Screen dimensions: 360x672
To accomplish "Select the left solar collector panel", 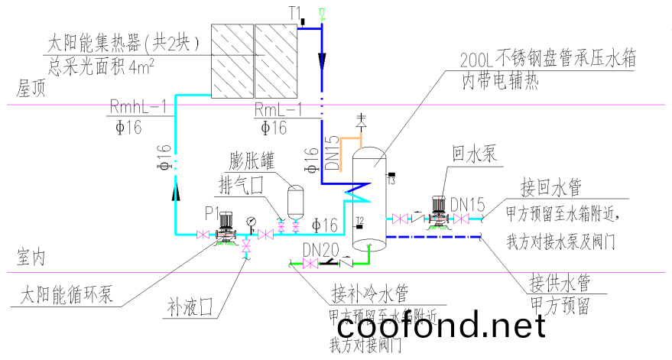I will (231, 60).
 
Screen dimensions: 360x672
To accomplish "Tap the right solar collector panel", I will (274, 60).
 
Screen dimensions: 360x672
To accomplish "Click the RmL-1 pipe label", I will (278, 108).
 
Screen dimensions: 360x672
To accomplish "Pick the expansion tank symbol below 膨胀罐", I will (294, 201).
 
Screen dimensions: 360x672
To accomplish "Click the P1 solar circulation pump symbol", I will (224, 226).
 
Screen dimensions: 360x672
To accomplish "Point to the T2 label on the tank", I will (359, 222).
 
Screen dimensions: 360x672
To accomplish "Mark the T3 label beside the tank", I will (390, 180).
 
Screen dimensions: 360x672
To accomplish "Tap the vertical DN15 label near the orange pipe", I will (330, 152).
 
